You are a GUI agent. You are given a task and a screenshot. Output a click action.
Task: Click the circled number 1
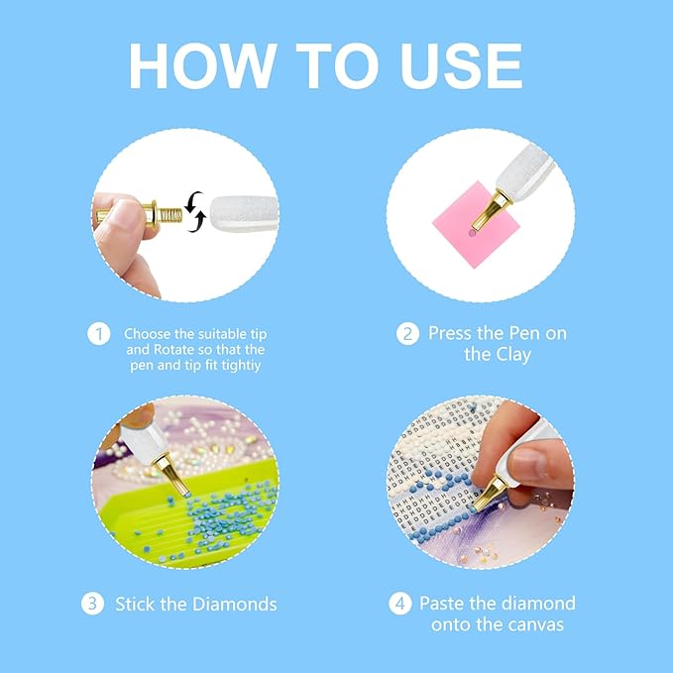98,334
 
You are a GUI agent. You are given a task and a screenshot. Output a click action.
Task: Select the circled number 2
407,334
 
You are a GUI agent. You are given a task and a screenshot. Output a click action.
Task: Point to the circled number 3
92,603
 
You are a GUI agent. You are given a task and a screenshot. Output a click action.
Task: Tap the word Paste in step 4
443,604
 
